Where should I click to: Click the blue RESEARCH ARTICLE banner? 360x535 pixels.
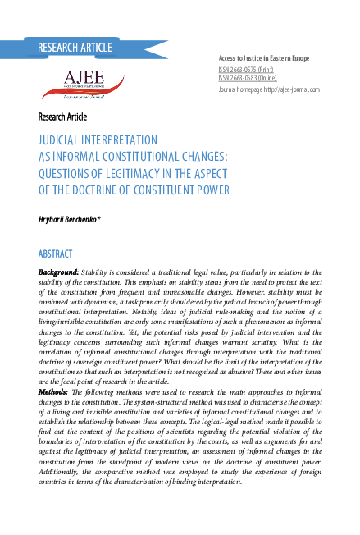click(x=74, y=47)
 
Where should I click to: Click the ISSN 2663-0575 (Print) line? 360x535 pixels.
click(x=247, y=71)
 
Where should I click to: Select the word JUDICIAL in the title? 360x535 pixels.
click(x=59, y=140)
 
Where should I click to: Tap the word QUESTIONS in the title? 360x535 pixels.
click(x=70, y=172)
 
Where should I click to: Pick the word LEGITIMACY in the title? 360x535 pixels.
click(x=136, y=172)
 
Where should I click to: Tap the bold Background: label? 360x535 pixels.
click(x=59, y=272)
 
